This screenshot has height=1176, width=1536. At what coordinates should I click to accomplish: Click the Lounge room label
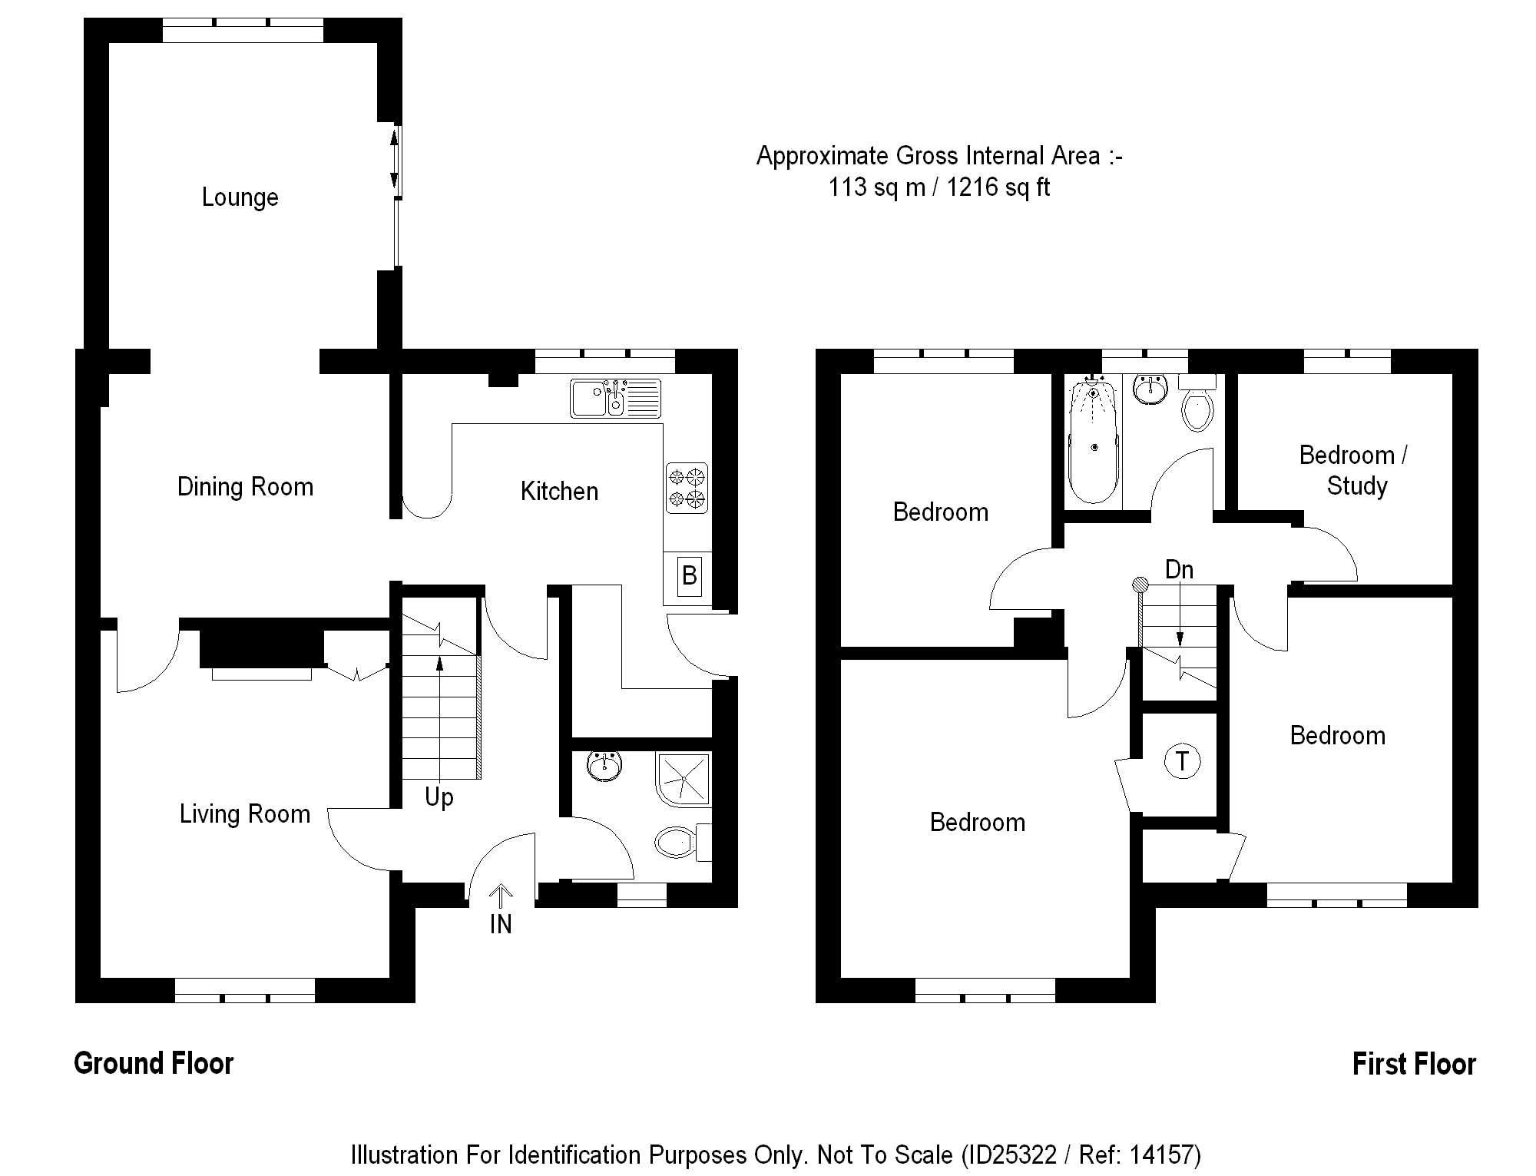tap(240, 197)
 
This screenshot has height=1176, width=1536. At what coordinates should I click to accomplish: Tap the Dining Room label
tap(245, 487)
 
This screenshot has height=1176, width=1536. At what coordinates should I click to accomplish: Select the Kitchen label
tap(559, 492)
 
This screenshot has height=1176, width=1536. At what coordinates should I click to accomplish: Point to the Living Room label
tap(245, 814)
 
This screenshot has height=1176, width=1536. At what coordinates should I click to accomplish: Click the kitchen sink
tap(615, 398)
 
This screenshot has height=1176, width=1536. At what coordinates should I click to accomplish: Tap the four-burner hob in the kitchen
tap(687, 488)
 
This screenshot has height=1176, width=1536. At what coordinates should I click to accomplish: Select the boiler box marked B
tap(689, 575)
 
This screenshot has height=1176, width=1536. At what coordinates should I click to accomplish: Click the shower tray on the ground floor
tap(683, 779)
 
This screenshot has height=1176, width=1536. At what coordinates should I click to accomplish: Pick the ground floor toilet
tap(677, 843)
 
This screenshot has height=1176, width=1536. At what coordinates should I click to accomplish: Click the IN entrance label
tap(501, 924)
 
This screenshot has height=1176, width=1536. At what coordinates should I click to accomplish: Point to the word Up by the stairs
tap(439, 797)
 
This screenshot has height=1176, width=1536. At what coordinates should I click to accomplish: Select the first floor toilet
tap(1197, 406)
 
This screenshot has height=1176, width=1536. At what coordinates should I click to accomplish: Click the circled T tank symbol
tap(1182, 761)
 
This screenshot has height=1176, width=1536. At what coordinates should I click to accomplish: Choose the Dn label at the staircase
tap(1179, 570)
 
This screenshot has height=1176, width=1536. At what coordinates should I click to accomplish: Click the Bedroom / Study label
tap(1354, 470)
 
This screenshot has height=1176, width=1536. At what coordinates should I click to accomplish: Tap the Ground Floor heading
tap(154, 1063)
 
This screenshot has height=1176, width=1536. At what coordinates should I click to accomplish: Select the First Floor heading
tap(1414, 1064)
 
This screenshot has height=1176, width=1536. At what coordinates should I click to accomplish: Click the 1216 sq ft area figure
tap(998, 187)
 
